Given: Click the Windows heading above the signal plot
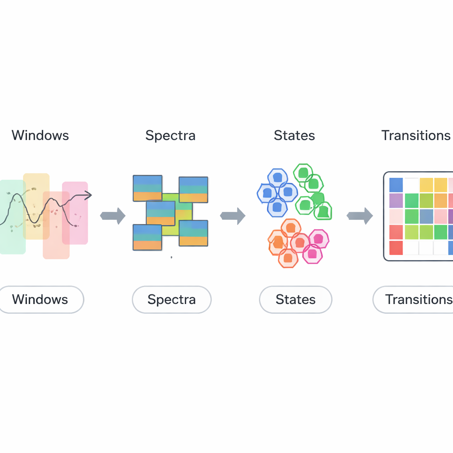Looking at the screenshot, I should [40, 135].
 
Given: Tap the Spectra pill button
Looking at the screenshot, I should [172, 299].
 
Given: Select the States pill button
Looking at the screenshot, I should [296, 299].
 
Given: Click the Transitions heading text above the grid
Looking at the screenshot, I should [416, 135].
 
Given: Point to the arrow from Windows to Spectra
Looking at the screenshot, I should [113, 216].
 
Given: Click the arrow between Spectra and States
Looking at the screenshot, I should [233, 216].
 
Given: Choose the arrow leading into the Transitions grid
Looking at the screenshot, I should [360, 216].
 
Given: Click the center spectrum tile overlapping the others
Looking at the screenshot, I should [161, 213].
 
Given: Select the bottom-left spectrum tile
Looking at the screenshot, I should [147, 238].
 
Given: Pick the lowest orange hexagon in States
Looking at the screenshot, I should [288, 257].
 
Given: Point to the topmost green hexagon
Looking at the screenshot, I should [303, 173].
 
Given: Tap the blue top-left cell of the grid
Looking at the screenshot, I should [396, 184].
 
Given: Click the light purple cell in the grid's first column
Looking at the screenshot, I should [396, 200].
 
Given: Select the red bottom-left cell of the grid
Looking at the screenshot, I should [396, 248].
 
